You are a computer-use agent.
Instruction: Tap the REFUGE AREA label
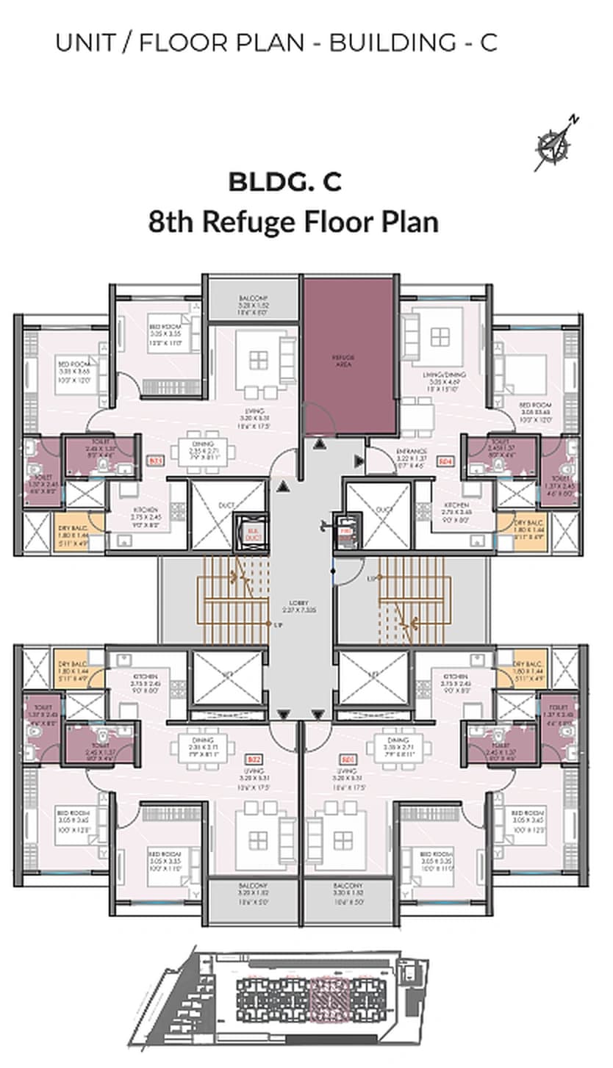pos(349,359)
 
